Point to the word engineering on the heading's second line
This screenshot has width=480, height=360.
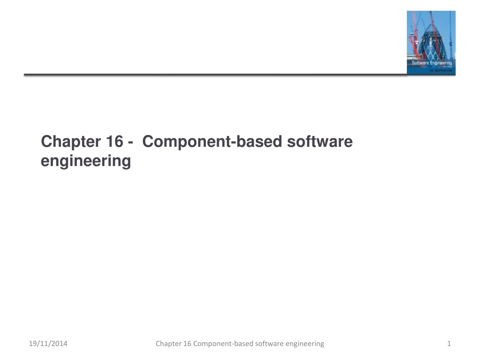pos(86,161)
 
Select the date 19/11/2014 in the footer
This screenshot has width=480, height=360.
pos(48,344)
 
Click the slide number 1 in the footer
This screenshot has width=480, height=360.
pos(449,344)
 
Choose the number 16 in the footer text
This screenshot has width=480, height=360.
pos(187,344)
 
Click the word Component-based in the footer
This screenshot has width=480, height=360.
pos(223,344)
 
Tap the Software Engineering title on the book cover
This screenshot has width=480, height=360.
pos(432,63)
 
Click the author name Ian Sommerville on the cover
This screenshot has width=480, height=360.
pos(440,70)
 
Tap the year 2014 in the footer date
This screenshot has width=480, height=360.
pos(59,344)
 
